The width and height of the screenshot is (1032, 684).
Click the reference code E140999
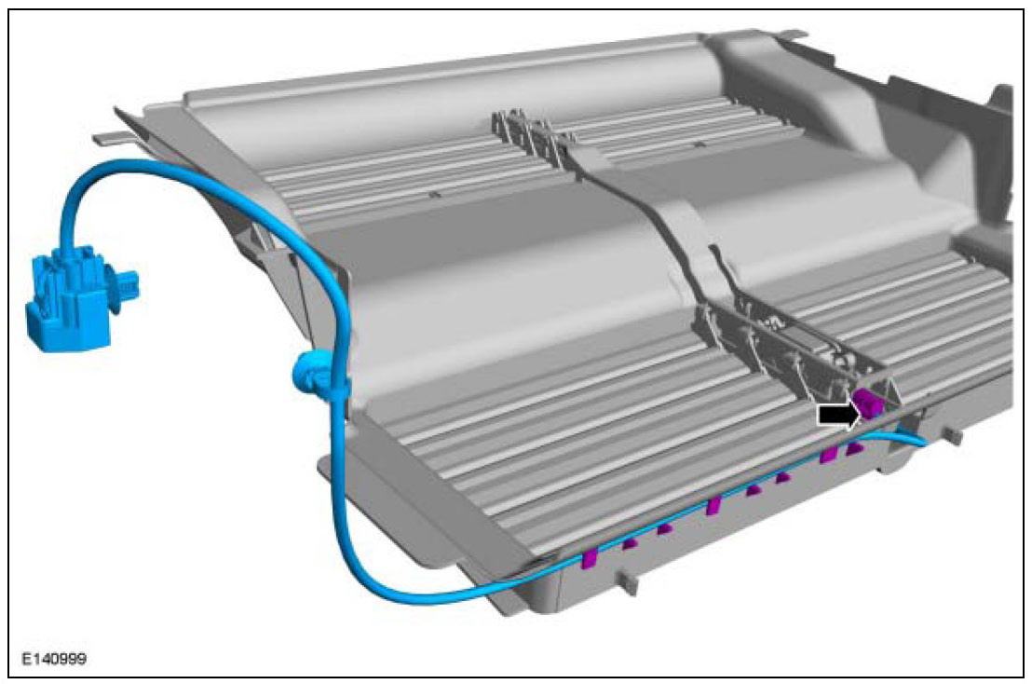[x=54, y=658]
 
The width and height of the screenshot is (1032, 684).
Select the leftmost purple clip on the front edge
[x=589, y=558]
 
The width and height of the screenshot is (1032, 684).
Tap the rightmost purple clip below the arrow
[x=854, y=448]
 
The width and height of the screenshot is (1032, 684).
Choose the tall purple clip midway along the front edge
[x=713, y=505]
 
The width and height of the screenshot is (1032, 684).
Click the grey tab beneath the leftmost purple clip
[x=629, y=582]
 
